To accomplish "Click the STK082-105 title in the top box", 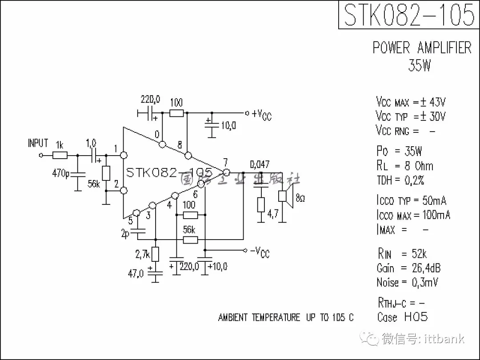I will coord(409,15).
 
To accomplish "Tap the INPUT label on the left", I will coord(38,143).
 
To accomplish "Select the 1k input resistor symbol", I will coord(60,155).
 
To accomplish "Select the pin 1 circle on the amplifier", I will coord(124,155).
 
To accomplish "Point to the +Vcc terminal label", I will coord(261,115).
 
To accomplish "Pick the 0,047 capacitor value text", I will coord(260,165).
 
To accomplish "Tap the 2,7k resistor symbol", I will coord(155,255).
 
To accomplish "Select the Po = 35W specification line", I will coord(399,151).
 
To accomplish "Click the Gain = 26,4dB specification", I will coord(408,268).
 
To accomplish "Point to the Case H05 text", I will coord(402,317).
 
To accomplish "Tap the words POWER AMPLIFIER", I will coord(422,48).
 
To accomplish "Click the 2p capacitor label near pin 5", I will coord(125,234).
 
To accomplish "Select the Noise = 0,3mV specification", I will coord(407,282).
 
